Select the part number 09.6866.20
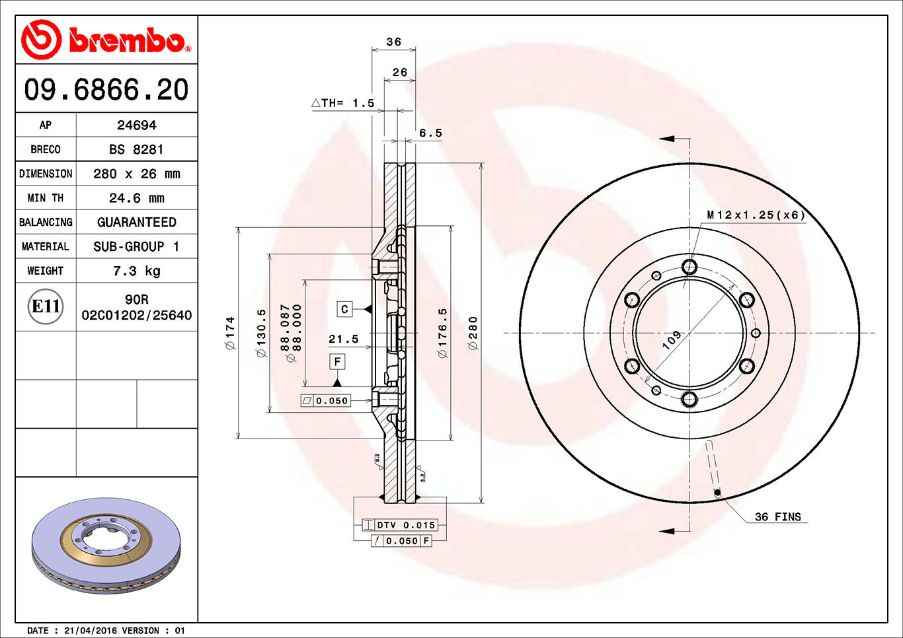coord(106,89)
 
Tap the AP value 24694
coord(136,125)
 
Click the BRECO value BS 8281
coord(136,149)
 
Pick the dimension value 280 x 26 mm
coord(136,174)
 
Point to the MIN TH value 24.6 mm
coord(136,198)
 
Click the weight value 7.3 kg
coord(136,271)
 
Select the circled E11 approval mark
coord(46,306)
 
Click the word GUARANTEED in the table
coord(136,223)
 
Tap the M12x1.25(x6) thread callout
coord(756,215)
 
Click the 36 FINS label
coord(777,517)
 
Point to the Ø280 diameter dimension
coord(473,333)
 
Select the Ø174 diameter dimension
coord(230,333)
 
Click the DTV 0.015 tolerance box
coord(405,525)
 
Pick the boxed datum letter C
coord(344,309)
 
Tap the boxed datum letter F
coord(337,361)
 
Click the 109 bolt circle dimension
coord(672,339)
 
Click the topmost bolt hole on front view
coord(689,267)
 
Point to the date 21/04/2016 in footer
coord(90,631)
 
